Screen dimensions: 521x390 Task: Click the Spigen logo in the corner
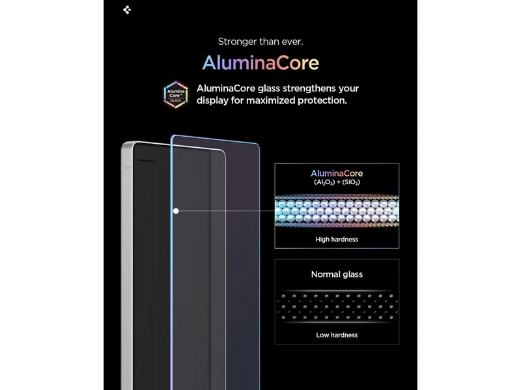(127, 10)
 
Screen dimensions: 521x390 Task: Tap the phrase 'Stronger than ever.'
(260, 42)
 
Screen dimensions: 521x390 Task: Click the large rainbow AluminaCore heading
(260, 63)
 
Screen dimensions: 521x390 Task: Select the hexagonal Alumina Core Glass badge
(176, 94)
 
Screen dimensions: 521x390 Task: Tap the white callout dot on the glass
(176, 211)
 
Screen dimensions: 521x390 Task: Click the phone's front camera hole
(180, 155)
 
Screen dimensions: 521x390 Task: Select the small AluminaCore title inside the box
(337, 173)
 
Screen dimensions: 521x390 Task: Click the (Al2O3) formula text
(324, 182)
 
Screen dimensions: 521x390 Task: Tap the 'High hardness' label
(337, 239)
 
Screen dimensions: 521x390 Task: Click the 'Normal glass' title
(337, 274)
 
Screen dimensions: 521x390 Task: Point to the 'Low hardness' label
(337, 335)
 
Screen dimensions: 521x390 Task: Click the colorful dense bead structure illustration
(337, 211)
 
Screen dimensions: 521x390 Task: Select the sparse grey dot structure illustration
(337, 307)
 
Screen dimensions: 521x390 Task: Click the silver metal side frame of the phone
(127, 266)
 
